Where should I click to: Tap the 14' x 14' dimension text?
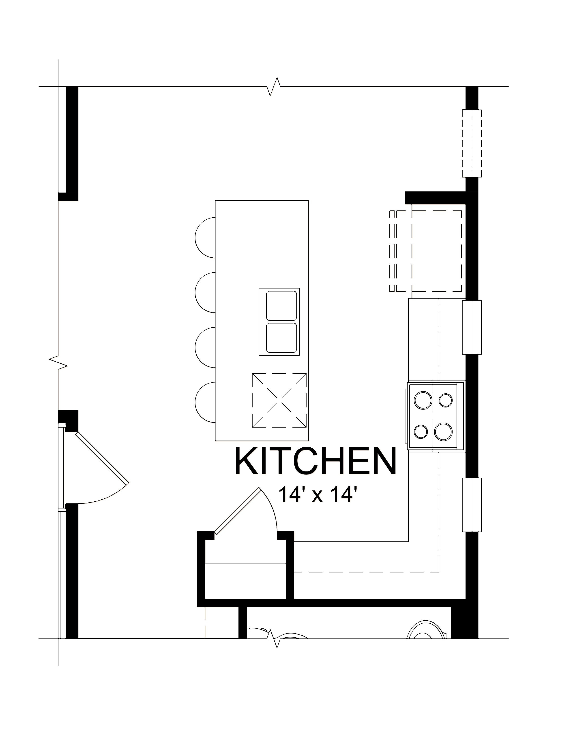[x=318, y=495]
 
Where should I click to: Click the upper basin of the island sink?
[x=281, y=305]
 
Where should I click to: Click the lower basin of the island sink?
[x=281, y=338]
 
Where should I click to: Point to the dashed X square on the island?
[x=279, y=401]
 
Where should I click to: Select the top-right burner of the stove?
[x=446, y=401]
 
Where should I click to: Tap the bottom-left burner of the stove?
[x=421, y=432]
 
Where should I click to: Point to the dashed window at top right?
[x=472, y=143]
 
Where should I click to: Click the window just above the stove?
[x=472, y=327]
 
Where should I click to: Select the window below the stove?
[x=472, y=505]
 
